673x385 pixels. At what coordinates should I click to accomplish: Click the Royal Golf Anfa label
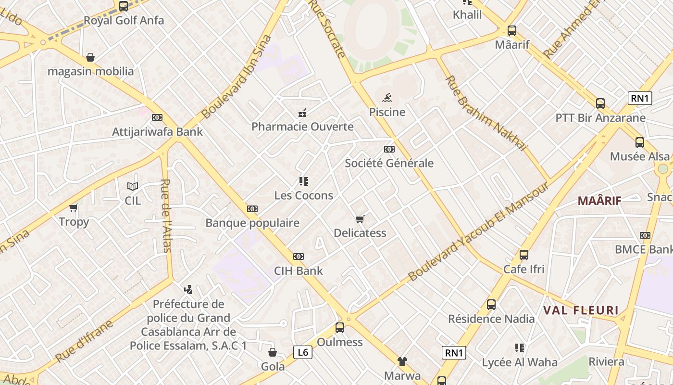coord(124,21)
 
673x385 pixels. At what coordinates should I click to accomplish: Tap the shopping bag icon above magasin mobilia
coord(90,57)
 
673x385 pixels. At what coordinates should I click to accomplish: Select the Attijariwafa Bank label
coord(157,132)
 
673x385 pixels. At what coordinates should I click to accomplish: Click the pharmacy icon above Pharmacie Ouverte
coord(302,113)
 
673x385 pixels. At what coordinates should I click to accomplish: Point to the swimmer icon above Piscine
coord(387,98)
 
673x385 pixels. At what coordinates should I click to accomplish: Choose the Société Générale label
coord(389,163)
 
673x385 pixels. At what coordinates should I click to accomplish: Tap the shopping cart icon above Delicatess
coord(360,219)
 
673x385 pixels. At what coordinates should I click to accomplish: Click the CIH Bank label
coord(298,271)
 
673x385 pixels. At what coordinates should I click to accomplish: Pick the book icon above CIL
coord(133,186)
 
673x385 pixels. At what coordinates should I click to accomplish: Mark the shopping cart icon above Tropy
coord(74,207)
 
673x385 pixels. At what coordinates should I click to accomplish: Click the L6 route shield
coord(303,352)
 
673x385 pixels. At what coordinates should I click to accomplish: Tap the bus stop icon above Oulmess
coord(340,328)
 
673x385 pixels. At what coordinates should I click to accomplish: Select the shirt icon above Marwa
coord(402,361)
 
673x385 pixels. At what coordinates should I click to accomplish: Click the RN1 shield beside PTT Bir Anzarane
coord(640,99)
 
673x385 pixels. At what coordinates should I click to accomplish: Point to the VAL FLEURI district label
coord(580,310)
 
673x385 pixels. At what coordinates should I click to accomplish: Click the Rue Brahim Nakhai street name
coord(486,114)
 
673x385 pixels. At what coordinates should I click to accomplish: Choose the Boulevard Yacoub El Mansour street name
coord(478,231)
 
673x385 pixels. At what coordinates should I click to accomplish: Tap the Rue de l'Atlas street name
coord(166,216)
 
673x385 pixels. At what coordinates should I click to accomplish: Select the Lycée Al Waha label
coord(520,362)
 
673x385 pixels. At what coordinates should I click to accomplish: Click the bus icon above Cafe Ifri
coord(524,255)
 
